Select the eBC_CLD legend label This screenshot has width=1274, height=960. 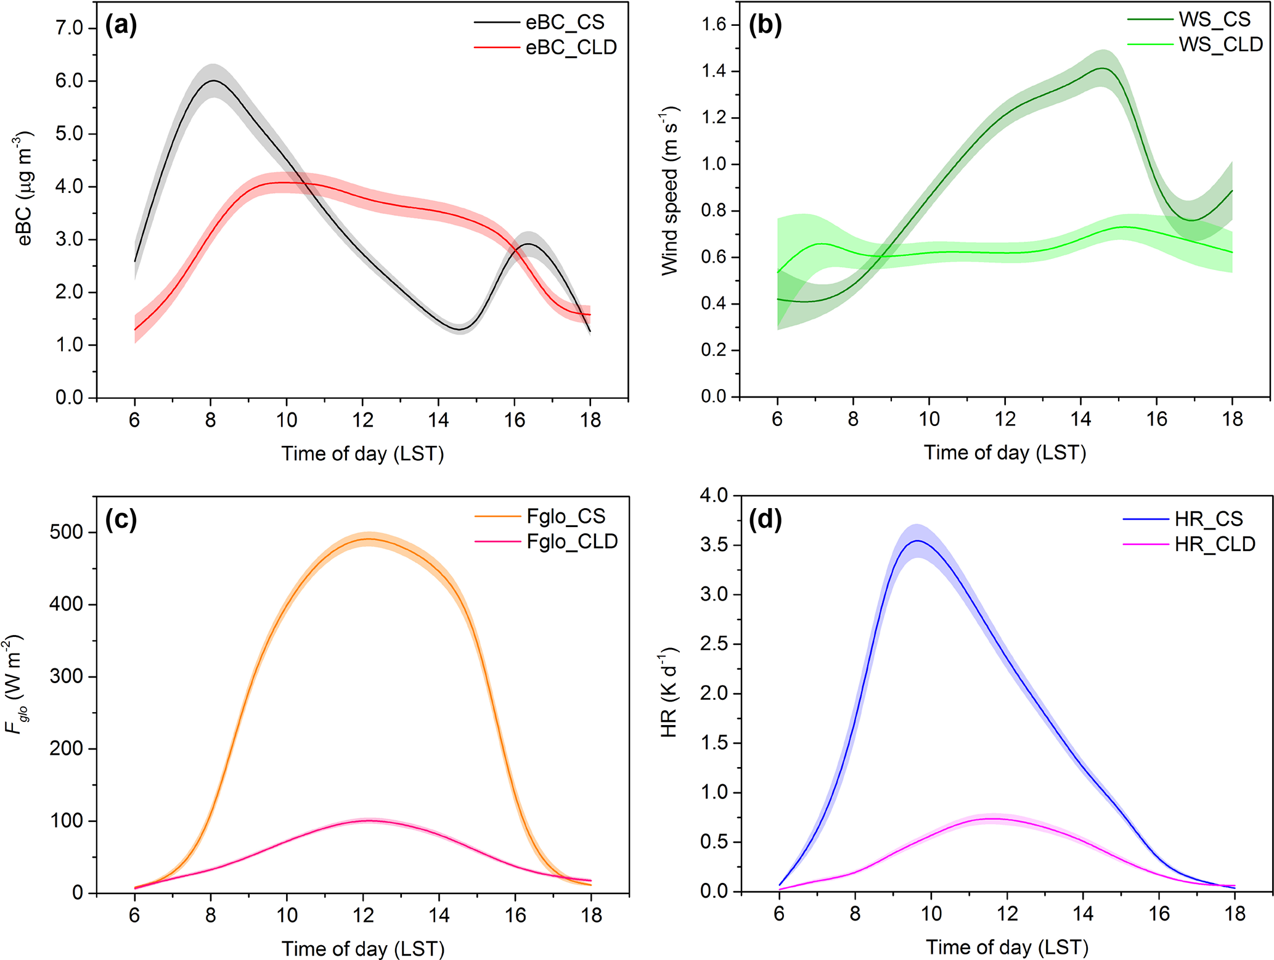click(571, 47)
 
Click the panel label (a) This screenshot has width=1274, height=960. click(121, 25)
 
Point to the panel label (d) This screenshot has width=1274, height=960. click(764, 520)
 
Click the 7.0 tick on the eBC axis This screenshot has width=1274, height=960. click(69, 28)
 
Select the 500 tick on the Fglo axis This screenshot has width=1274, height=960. click(66, 532)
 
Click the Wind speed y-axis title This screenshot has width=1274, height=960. click(670, 191)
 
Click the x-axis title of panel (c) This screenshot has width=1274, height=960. click(363, 948)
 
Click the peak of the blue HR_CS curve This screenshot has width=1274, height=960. click(918, 541)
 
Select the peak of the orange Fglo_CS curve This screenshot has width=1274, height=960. click(369, 539)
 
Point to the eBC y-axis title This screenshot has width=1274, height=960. click(25, 188)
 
